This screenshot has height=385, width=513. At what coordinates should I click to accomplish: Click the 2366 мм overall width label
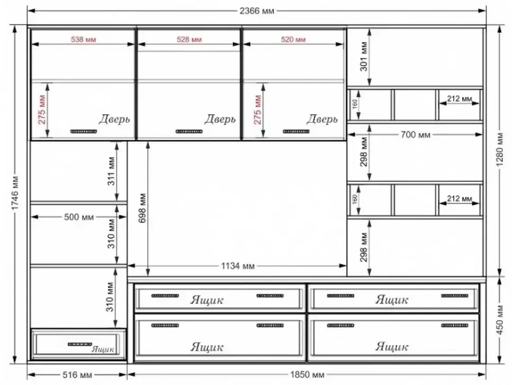click(257, 11)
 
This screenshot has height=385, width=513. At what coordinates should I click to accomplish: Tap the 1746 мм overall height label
click(15, 194)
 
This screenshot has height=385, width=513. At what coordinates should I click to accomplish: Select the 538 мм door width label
click(84, 40)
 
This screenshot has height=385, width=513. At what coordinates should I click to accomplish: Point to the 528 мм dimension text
click(189, 40)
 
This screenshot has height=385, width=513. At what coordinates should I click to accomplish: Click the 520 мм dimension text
click(293, 40)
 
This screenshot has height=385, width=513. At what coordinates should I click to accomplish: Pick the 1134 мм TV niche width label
click(238, 266)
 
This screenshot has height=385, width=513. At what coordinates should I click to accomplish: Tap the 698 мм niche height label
click(143, 208)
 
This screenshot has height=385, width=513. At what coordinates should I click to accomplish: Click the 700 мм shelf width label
click(416, 134)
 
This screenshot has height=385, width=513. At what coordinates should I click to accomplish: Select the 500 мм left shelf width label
click(79, 217)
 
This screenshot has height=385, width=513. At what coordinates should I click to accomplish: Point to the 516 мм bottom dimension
click(77, 374)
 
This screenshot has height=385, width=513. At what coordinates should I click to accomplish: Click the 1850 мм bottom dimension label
click(307, 374)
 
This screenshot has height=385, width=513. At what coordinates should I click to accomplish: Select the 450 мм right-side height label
click(500, 319)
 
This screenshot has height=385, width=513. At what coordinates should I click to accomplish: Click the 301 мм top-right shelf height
click(364, 56)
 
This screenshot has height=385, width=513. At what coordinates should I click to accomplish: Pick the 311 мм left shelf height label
click(111, 171)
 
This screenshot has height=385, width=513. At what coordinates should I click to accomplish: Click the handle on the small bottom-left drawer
click(80, 344)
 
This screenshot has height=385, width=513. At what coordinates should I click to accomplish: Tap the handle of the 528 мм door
click(189, 132)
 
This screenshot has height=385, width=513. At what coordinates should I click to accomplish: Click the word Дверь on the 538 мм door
click(114, 119)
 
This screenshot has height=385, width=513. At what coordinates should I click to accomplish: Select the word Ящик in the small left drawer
click(103, 350)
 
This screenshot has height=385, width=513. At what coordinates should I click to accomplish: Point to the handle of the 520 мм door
click(296, 132)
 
